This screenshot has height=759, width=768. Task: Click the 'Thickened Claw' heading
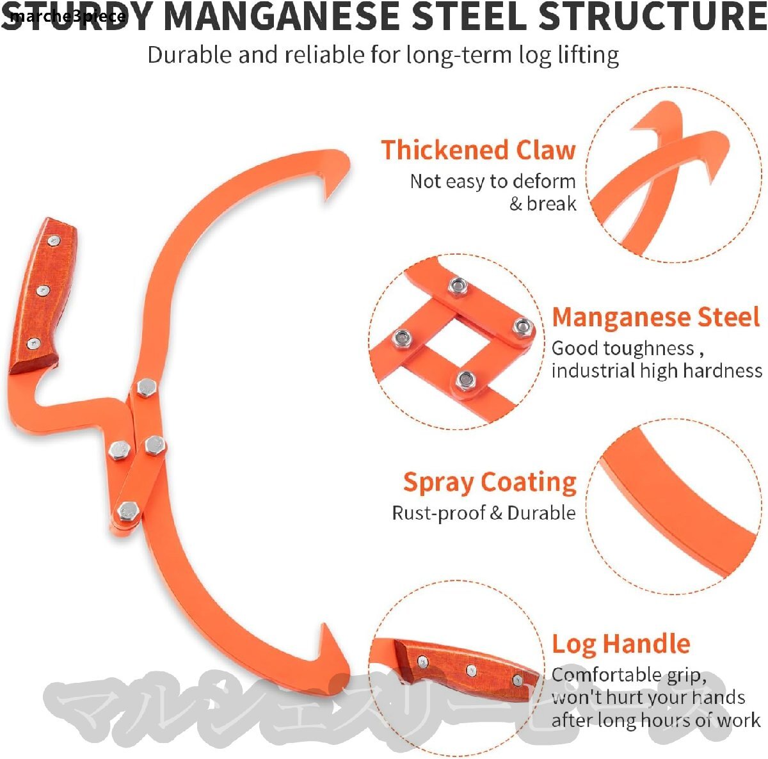[x=478, y=150]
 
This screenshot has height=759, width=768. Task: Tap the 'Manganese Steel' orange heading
[x=655, y=317]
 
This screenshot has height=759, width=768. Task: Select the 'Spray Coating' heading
[x=490, y=483]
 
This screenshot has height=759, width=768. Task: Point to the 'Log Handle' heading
[x=621, y=644]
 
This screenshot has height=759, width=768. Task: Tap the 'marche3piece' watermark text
[x=67, y=16]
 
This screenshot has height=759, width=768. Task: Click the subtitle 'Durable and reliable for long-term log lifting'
[x=383, y=55]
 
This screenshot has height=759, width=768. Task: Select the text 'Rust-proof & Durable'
[x=484, y=513]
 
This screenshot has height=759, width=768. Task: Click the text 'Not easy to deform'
[x=492, y=182]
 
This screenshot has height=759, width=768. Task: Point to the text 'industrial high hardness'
[x=657, y=371]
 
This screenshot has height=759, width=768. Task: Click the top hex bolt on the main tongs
[x=147, y=388]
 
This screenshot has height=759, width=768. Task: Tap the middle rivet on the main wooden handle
[x=43, y=291]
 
